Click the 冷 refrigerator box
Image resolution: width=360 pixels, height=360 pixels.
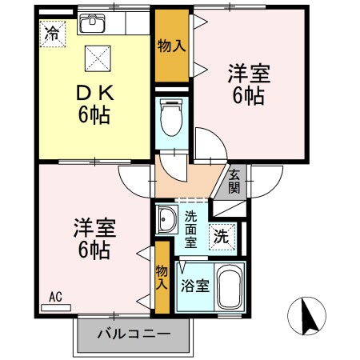(x=52, y=34)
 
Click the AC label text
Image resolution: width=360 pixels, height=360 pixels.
(x=56, y=298)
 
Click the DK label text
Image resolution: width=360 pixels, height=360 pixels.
(x=94, y=93)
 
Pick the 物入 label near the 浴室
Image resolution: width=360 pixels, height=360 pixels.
(x=162, y=278)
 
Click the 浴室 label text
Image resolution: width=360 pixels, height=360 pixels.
(x=194, y=285)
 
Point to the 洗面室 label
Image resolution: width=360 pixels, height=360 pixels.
(x=192, y=228)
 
